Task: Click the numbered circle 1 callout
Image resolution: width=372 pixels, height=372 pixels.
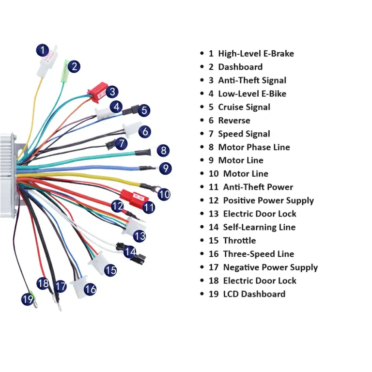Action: coord(43,50)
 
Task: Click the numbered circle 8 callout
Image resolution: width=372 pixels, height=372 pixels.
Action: coord(163,151)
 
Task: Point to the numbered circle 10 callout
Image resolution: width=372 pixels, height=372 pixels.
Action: coord(164,195)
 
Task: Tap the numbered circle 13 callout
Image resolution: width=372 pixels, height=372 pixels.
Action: coord(139,236)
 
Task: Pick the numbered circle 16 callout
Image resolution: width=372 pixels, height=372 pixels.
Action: coord(90,289)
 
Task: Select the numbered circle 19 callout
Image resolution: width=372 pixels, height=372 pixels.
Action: coord(28,299)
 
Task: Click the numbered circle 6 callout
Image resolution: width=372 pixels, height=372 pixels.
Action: coord(145,131)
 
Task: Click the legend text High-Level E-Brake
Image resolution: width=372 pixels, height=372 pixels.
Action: coord(256,54)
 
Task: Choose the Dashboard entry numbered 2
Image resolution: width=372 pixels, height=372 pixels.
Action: coord(240,67)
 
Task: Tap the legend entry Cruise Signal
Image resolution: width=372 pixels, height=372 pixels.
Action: coord(244,107)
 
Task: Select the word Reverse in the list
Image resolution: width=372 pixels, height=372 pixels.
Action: coord(234,121)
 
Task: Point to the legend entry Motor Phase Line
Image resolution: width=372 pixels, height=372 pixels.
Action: coord(254,147)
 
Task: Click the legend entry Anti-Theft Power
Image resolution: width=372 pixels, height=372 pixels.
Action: coord(258,187)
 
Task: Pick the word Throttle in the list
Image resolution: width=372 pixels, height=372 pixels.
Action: coord(239,241)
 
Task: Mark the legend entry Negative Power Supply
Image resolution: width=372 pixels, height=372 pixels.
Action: coord(270,267)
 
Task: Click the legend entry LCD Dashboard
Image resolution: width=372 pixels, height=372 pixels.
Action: coord(254,294)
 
